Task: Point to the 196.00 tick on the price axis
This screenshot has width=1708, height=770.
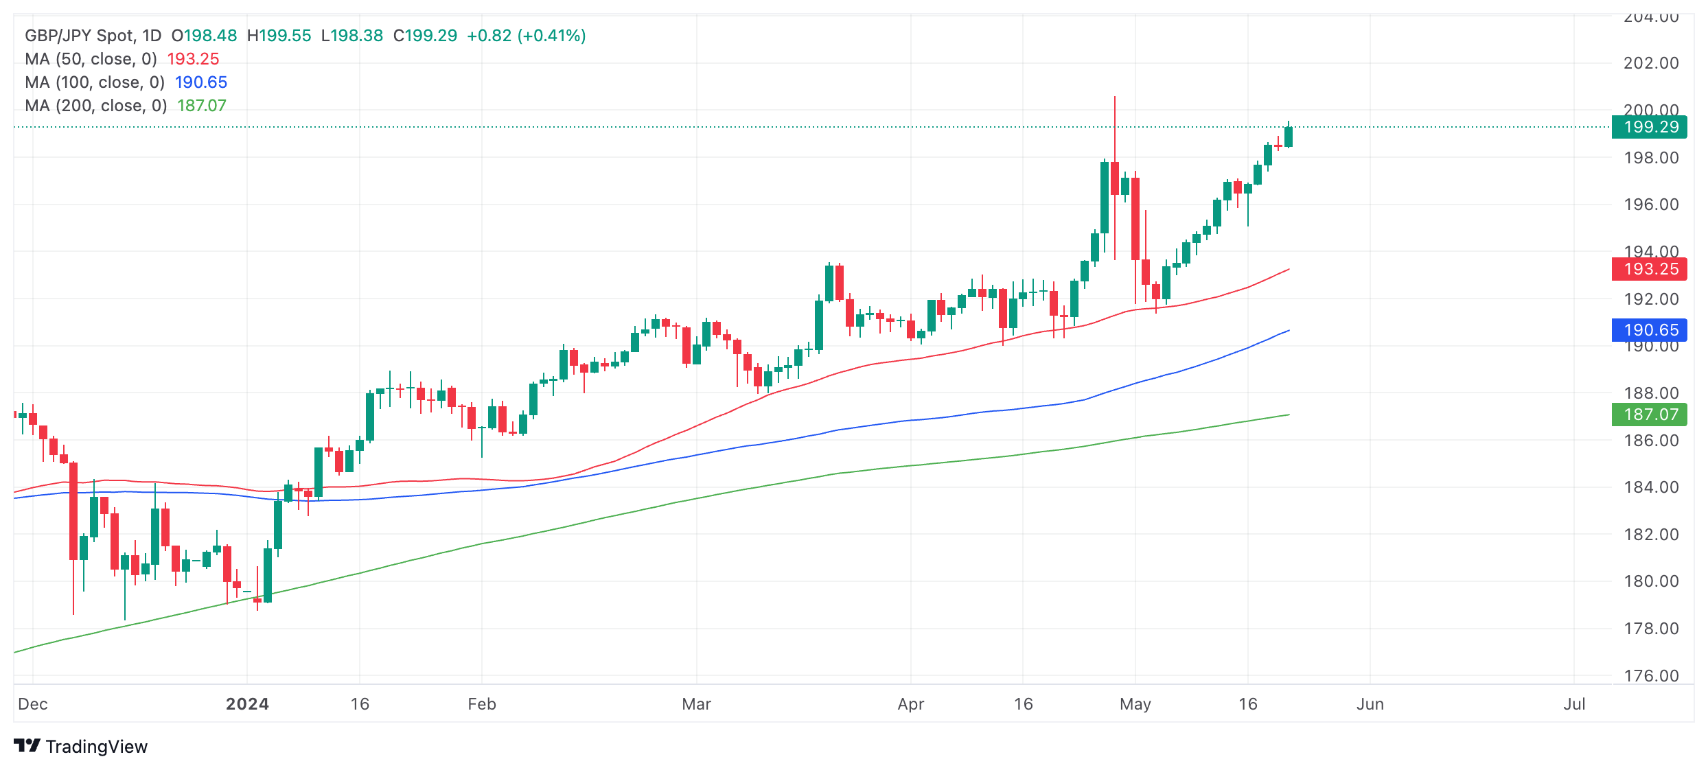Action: tap(1650, 205)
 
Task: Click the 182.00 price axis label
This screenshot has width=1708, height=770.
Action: tap(1650, 535)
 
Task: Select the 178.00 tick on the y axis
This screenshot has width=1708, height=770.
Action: tap(1650, 629)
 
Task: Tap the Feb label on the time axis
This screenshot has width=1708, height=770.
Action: tap(482, 704)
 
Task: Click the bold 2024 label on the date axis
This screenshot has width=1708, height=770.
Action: tap(247, 704)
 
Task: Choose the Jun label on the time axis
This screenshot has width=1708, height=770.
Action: tap(1370, 704)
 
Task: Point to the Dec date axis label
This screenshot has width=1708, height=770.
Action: tap(33, 704)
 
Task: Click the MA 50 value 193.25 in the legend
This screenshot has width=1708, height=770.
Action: tap(193, 59)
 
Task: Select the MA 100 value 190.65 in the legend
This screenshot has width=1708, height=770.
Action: tap(200, 82)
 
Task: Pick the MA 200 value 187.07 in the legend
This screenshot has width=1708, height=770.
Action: tap(201, 106)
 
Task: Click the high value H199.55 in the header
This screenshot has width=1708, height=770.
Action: tap(279, 36)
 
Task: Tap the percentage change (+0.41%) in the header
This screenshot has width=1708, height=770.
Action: tap(551, 36)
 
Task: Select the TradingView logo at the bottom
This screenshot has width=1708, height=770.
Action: tap(81, 747)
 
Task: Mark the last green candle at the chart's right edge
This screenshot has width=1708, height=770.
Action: tap(1289, 136)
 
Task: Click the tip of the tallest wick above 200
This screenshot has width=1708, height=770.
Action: tap(1115, 97)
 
